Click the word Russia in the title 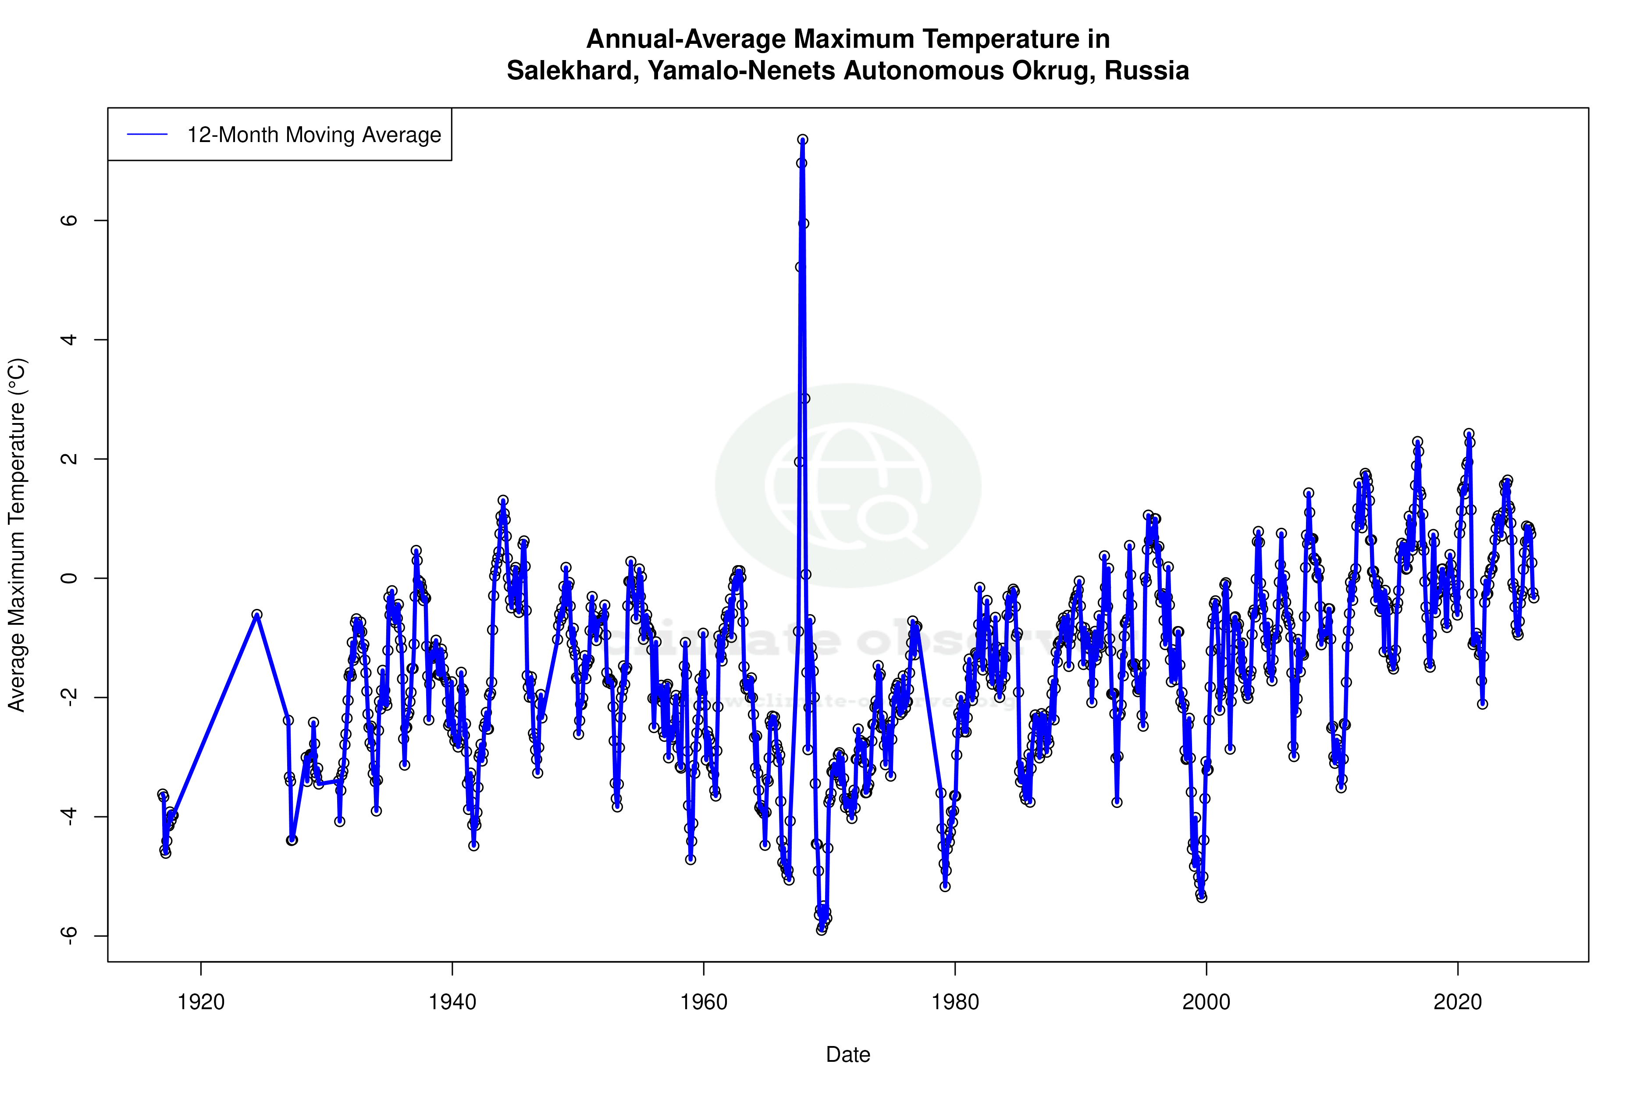1146,71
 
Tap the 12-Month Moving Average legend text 314,135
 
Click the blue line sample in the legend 147,135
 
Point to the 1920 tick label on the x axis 201,1002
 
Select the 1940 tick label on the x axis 452,1002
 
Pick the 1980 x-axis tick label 955,1002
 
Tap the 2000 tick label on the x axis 1206,1002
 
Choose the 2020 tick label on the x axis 1457,1002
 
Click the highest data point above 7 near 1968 802,140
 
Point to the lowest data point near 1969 821,930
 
